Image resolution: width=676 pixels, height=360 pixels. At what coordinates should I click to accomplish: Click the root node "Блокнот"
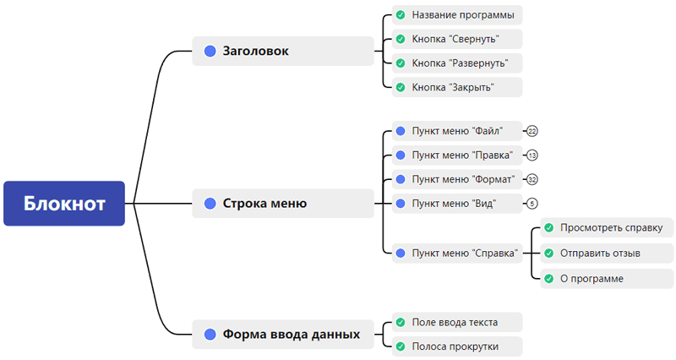(x=64, y=204)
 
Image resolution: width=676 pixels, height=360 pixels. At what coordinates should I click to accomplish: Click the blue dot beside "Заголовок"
(x=210, y=51)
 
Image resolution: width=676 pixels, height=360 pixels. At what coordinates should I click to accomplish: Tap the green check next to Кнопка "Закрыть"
(x=401, y=87)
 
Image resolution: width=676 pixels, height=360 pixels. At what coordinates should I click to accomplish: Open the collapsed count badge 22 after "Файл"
(x=532, y=131)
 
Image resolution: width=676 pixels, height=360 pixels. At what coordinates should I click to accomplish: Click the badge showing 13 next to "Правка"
(x=532, y=155)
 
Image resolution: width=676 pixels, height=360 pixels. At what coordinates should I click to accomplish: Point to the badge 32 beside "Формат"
(x=532, y=179)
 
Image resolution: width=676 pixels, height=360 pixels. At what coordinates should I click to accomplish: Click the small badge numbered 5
(x=532, y=203)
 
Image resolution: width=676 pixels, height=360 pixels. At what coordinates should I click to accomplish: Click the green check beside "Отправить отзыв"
(x=549, y=253)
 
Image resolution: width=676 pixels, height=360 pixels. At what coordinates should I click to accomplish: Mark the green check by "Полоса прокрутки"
(x=401, y=346)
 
